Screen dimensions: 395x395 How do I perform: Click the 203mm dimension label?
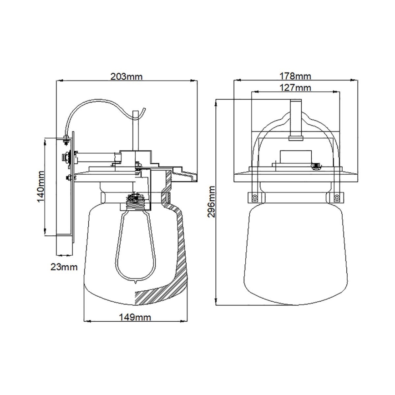click(126, 76)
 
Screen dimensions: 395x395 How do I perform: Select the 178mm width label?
click(295, 76)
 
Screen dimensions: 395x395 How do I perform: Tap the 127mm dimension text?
click(295, 87)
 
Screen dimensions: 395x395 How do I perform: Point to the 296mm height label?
click(212, 201)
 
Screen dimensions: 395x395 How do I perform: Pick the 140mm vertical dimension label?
click(40, 187)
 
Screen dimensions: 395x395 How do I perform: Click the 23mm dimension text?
click(63, 266)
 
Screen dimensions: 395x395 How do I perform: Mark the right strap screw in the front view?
click(336, 197)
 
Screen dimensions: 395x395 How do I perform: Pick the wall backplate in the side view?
click(72, 191)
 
